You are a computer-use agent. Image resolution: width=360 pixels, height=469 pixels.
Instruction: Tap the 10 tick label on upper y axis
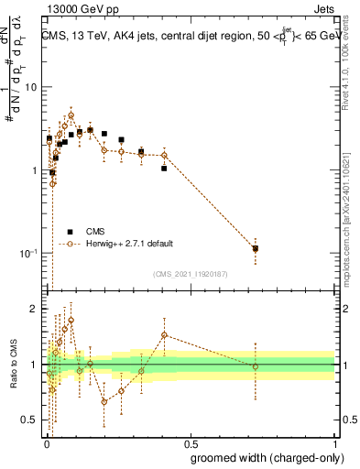(29, 88)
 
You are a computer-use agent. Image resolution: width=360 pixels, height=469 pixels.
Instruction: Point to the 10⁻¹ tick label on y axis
(27, 253)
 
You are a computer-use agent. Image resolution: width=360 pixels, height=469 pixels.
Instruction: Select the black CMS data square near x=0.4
(164, 169)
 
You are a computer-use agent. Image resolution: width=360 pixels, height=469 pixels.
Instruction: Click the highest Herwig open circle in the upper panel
(71, 116)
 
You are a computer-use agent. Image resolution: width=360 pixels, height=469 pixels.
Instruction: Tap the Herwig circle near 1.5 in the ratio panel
(164, 335)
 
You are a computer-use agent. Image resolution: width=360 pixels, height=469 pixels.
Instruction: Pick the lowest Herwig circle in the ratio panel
(104, 401)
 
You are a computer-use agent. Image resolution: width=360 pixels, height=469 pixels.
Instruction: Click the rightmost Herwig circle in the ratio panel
(255, 366)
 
